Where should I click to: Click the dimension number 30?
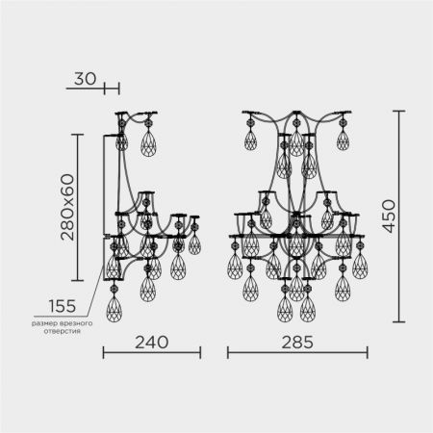click(85, 79)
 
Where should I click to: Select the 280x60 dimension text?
click(67, 207)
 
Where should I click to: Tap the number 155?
click(63, 306)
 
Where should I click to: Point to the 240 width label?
click(151, 343)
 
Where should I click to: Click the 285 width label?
click(297, 343)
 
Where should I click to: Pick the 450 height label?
click(389, 216)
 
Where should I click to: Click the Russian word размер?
click(42, 323)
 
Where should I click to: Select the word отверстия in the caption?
click(63, 331)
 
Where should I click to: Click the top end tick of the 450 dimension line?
click(398, 111)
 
